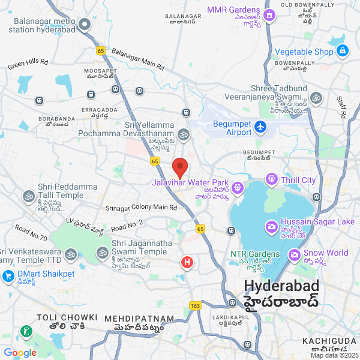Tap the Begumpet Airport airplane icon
click(x=260, y=127)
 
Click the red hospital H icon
click(x=187, y=262)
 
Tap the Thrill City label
click(x=300, y=180)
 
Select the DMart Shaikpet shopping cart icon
click(x=8, y=277)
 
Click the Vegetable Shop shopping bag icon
click(x=341, y=52)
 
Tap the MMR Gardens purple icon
click(x=269, y=16)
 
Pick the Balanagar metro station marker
click(x=85, y=25)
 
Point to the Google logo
click(x=20, y=353)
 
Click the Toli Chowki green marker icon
click(x=26, y=331)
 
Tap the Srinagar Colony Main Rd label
click(x=142, y=208)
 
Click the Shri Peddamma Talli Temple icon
click(x=28, y=196)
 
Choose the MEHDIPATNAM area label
click(x=139, y=319)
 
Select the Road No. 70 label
click(x=31, y=234)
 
